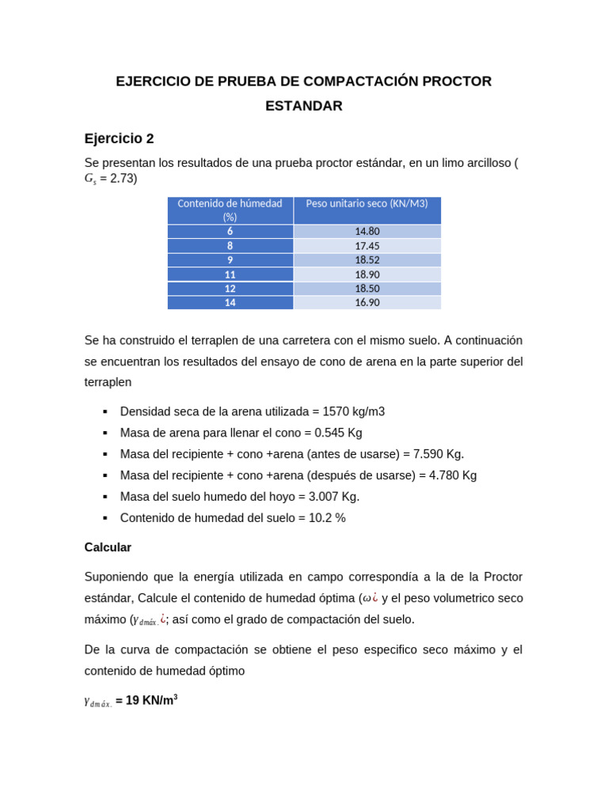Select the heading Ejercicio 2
[119, 138]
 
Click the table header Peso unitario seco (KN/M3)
[367, 203]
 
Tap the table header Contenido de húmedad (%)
[230, 210]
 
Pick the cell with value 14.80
[367, 231]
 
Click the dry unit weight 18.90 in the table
[367, 274]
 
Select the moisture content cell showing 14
[230, 302]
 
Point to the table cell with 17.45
[367, 246]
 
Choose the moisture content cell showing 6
[230, 231]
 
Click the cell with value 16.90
[367, 302]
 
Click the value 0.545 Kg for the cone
[338, 433]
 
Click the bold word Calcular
[108, 547]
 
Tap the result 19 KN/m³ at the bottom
[151, 701]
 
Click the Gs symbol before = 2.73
[90, 179]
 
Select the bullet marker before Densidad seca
[104, 411]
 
